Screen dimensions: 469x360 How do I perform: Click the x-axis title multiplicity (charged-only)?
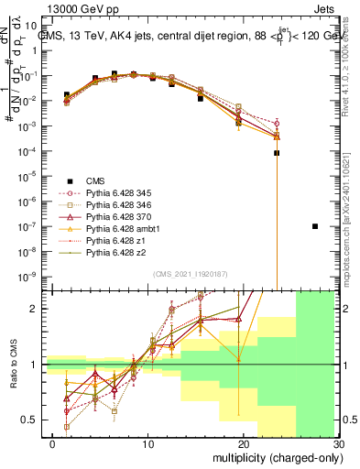[x=272, y=456]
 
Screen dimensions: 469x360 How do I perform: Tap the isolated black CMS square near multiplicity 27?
[x=315, y=226]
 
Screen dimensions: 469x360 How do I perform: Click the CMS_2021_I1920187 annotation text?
[x=190, y=275]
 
